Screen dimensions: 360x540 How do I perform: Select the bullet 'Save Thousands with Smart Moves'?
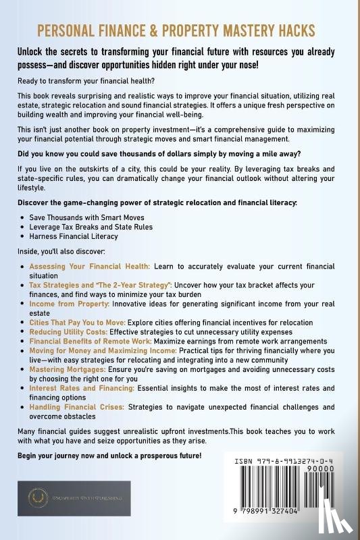point(91,217)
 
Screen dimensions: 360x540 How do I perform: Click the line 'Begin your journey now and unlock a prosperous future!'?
point(111,456)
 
